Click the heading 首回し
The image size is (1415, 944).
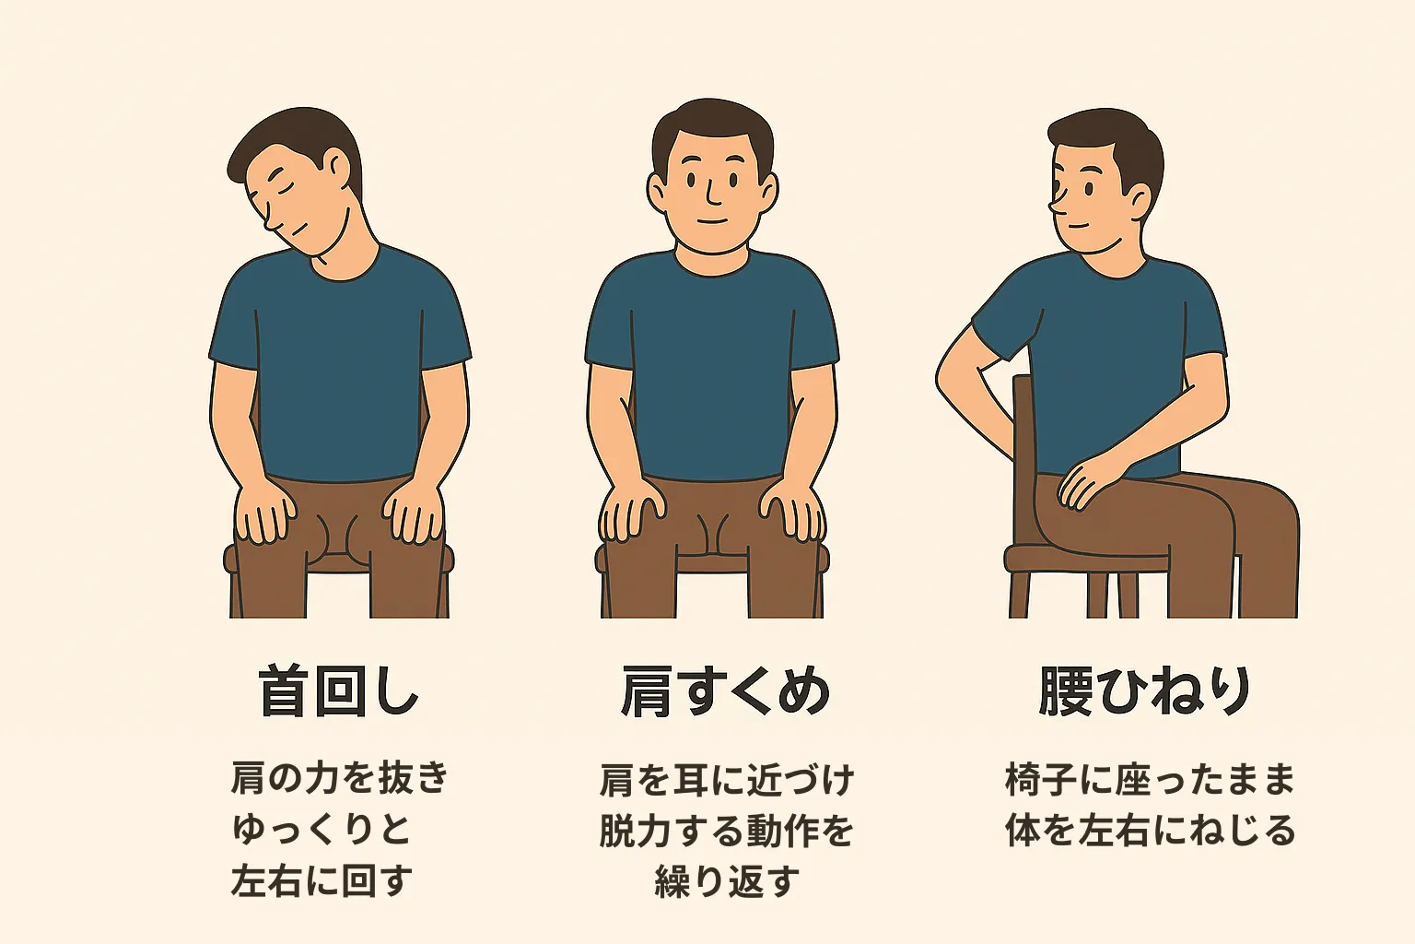339,691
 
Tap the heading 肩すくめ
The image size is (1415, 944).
725,691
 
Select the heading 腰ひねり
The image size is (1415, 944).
1145,691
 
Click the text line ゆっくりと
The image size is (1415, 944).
321,829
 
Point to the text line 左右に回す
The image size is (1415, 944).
321,880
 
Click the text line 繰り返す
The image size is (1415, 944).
726,881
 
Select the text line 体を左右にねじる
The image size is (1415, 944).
1151,830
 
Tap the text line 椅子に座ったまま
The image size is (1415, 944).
1151,779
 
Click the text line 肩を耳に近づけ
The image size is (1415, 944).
726,780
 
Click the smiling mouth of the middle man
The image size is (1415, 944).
712,222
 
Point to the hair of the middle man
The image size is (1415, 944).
711,124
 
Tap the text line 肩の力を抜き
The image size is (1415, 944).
339,778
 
